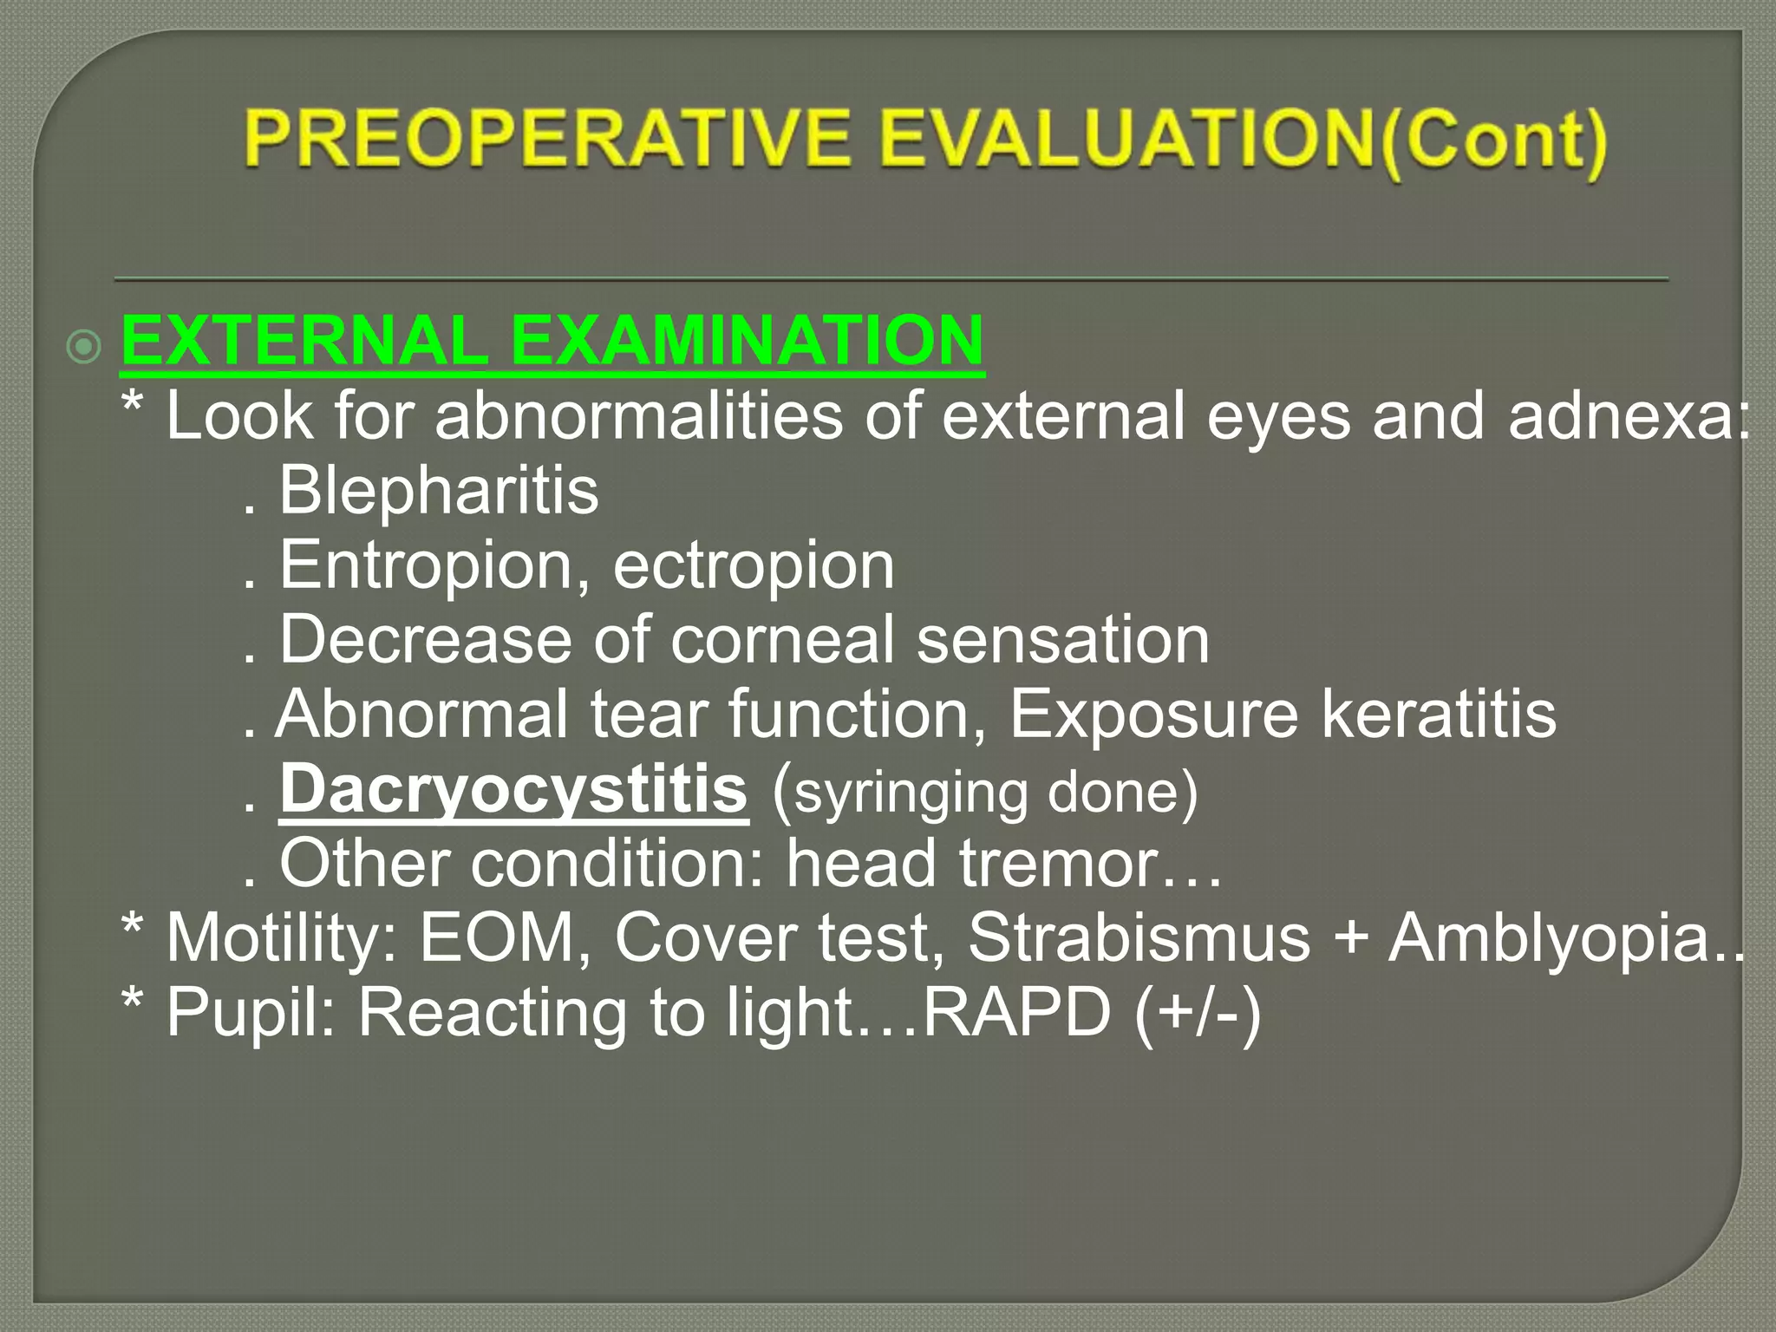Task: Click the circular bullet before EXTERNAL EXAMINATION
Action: pos(84,348)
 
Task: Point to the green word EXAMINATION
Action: pos(748,341)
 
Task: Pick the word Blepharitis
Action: pos(439,491)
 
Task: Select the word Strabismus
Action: pos(1139,938)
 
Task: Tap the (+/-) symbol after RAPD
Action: pos(1198,1013)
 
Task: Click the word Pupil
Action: pos(251,1013)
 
